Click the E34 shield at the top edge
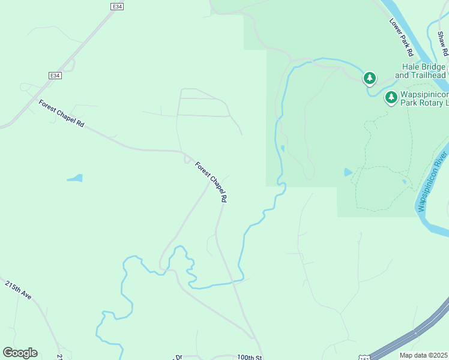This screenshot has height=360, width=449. coord(117,6)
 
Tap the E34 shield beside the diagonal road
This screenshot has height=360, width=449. coord(55,75)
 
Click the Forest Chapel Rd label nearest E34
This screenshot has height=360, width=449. coord(62,113)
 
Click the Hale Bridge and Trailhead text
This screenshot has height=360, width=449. coord(420,71)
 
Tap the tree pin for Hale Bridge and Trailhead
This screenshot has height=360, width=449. coord(370,78)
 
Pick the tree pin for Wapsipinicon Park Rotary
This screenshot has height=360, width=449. coord(391,97)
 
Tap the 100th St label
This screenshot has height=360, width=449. coord(250,356)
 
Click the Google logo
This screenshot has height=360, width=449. coord(20,353)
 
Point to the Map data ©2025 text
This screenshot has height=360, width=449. coord(423,355)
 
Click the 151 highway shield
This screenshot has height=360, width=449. coord(365,357)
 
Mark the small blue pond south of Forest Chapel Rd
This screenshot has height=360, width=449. coord(74,178)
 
